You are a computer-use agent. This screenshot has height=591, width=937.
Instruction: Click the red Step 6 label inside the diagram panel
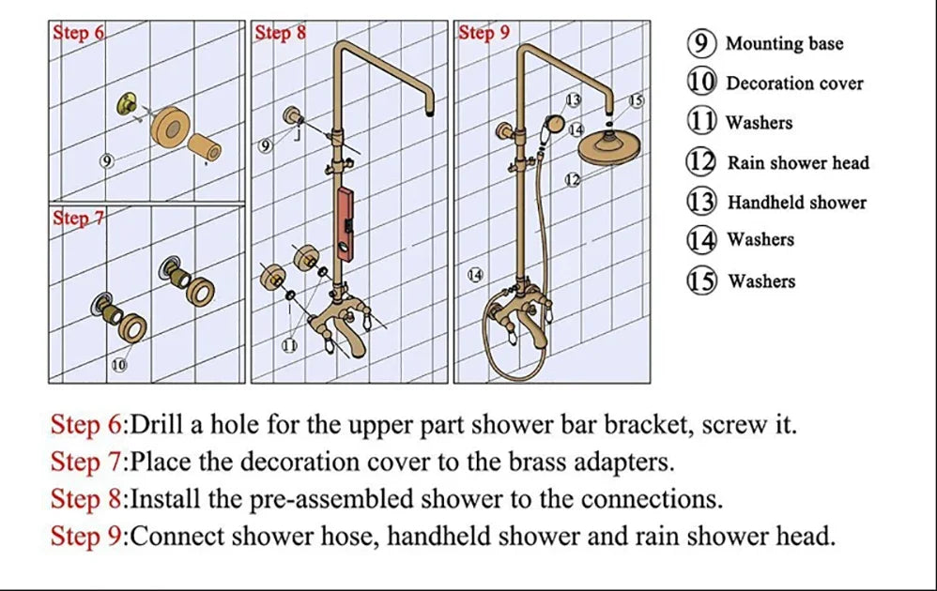(x=78, y=34)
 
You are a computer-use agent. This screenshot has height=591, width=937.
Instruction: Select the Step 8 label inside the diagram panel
(x=280, y=34)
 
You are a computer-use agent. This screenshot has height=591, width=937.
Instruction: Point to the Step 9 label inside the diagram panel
(x=484, y=34)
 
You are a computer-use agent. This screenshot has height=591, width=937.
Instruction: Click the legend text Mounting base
(x=784, y=44)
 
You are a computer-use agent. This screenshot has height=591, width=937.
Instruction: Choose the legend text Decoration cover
(x=794, y=83)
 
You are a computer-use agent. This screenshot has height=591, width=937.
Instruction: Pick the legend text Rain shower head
(x=798, y=163)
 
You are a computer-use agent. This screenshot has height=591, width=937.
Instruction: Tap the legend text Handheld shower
(x=796, y=203)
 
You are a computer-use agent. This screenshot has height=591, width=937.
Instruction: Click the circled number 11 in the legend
(x=701, y=122)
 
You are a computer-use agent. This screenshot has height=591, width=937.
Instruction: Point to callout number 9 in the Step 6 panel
(x=107, y=160)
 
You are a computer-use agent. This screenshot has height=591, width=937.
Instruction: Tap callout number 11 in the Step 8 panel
(x=290, y=346)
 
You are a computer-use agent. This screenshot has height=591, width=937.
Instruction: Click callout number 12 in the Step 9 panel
(x=572, y=180)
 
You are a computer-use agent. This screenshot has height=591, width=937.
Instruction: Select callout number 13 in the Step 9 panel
(x=572, y=99)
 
